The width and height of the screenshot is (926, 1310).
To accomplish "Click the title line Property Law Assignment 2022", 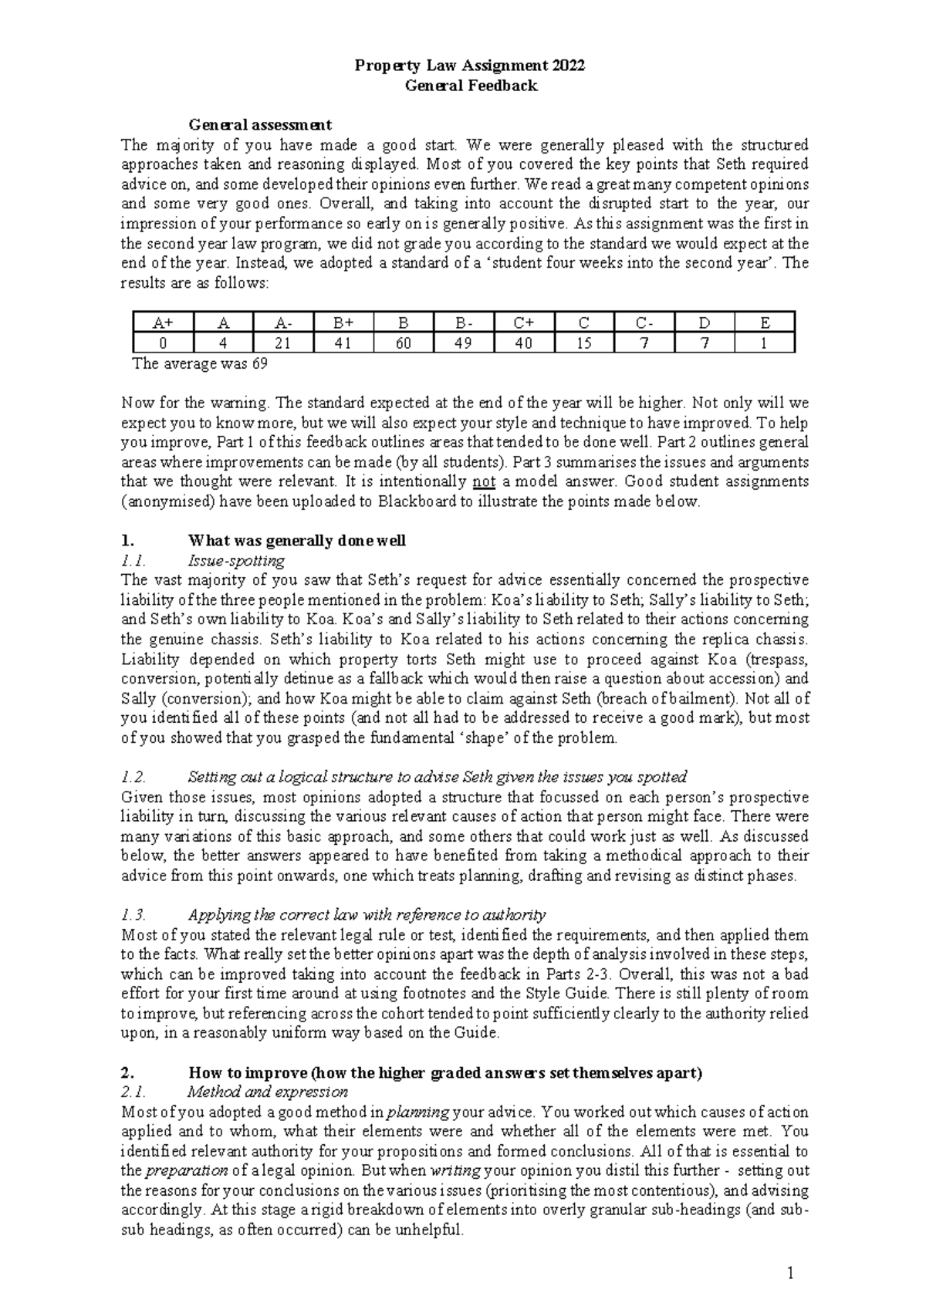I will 470,66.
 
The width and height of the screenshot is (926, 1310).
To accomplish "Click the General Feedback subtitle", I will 471,86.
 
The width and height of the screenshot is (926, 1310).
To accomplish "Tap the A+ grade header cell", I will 162,323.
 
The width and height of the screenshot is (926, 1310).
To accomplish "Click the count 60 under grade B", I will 403,343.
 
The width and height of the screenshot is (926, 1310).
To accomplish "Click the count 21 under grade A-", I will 282,343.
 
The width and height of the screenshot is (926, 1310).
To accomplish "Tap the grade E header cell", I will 764,323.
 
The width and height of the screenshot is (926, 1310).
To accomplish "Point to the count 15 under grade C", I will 583,343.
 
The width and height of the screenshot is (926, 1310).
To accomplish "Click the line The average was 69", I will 201,363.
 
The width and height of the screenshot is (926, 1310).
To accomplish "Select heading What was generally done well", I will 297,541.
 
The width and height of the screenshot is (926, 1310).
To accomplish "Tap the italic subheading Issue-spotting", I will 236,560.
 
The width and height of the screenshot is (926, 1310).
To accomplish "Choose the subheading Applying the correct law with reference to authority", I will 367,915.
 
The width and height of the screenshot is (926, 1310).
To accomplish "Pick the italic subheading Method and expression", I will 268,1092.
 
